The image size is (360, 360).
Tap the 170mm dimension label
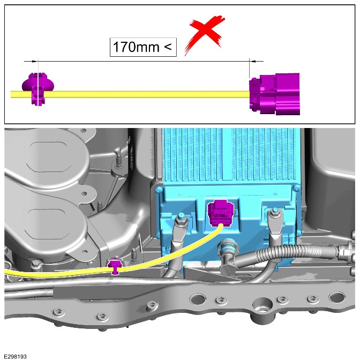[x=143, y=47]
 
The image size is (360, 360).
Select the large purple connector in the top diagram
[x=275, y=94]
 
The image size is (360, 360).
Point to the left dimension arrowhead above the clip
[x=34, y=62]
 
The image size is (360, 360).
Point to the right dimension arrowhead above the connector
[x=253, y=61]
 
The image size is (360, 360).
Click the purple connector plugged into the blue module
[x=221, y=213]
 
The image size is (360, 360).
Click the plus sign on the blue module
[x=275, y=194]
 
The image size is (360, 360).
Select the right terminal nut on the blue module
[x=274, y=214]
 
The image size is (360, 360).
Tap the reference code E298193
[x=16, y=356]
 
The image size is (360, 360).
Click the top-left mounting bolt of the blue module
[x=158, y=190]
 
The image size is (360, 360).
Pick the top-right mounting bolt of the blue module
[x=296, y=188]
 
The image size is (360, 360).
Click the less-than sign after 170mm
[x=168, y=47]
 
